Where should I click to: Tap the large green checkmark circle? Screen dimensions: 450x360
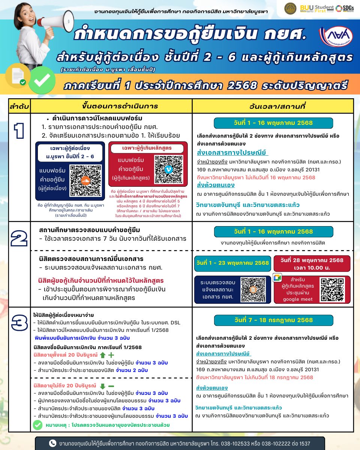pos(42,80)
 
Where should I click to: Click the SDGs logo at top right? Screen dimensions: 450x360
pos(344,8)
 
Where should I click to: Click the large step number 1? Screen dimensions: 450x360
pos(19,132)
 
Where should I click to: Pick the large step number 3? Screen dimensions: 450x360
pos(19,323)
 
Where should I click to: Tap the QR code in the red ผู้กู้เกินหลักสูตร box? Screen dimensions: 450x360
pos(168,169)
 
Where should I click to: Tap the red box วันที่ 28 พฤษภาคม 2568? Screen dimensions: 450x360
pos(312,264)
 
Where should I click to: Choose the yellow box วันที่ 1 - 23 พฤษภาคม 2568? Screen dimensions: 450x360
pos(232,263)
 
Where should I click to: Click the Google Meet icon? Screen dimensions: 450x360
pos(277,278)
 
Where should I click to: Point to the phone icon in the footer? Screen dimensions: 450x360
pos(53,443)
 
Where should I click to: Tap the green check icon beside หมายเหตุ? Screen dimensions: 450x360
pos(37,425)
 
